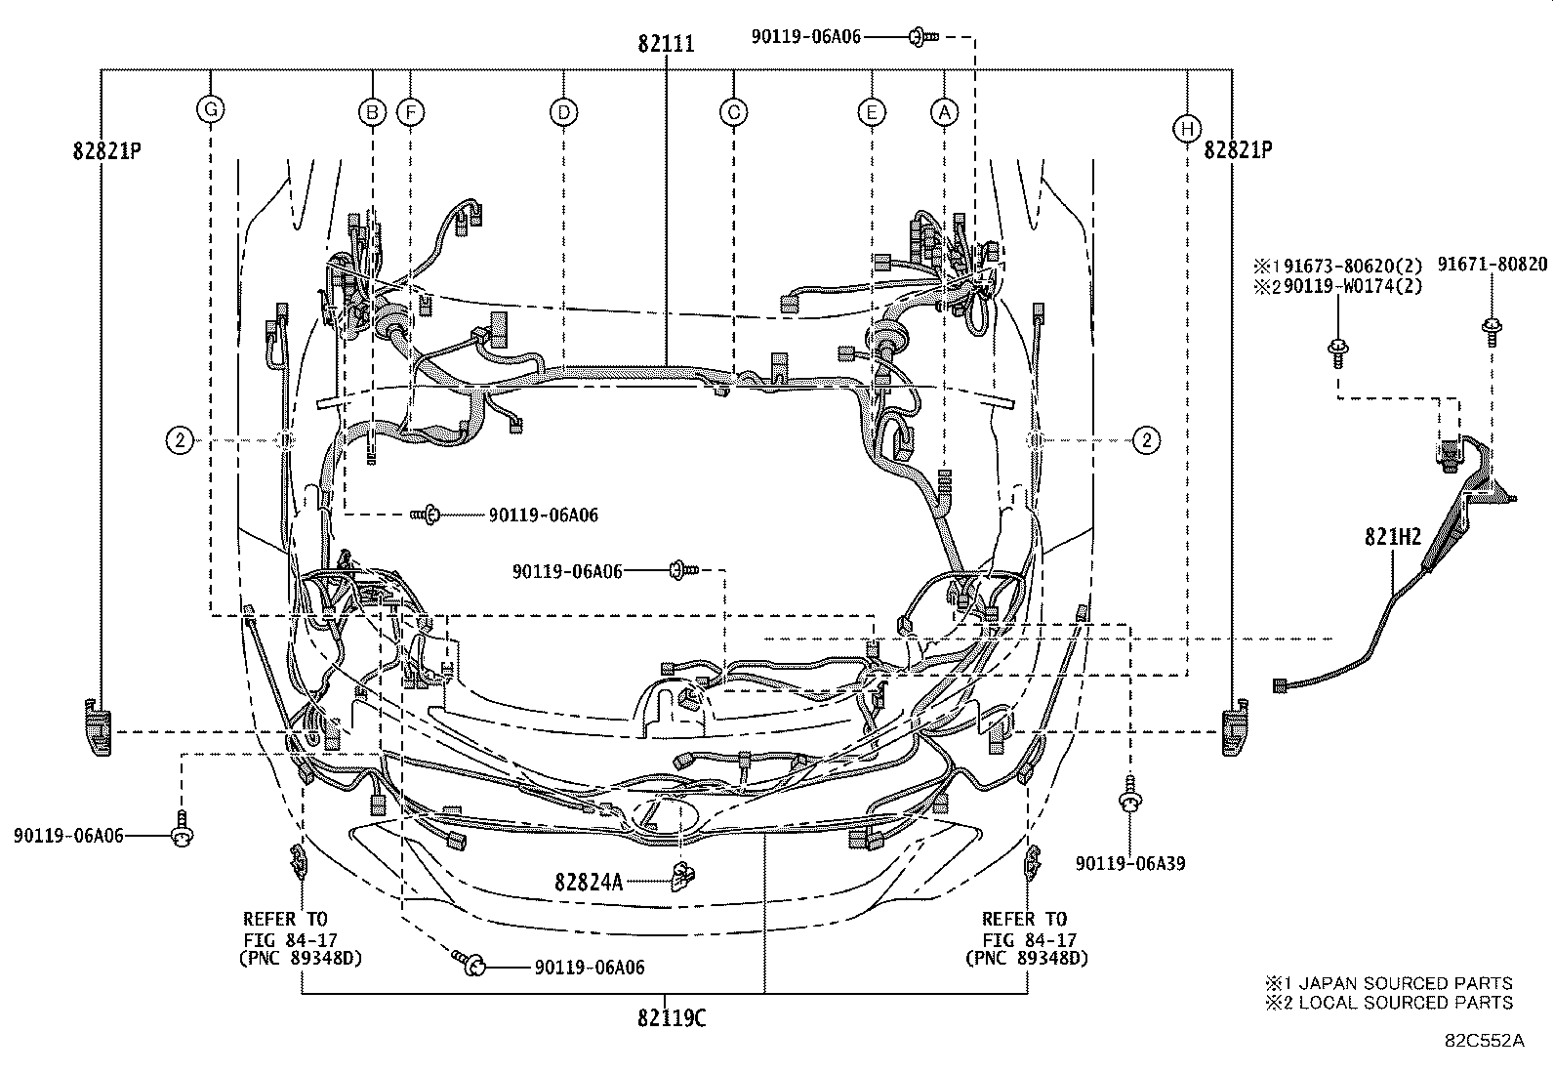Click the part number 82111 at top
click(x=666, y=43)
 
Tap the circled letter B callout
click(x=371, y=112)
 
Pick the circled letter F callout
click(x=411, y=112)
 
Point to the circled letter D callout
click(x=563, y=112)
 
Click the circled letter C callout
click(x=733, y=112)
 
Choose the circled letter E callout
click(x=871, y=112)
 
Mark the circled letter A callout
click(x=943, y=112)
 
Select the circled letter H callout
click(x=1186, y=128)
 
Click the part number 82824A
click(x=589, y=882)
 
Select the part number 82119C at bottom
click(x=671, y=1017)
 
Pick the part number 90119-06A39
click(x=1130, y=863)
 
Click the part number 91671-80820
click(x=1492, y=265)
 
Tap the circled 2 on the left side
click(x=180, y=441)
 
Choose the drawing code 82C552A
click(x=1485, y=1041)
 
